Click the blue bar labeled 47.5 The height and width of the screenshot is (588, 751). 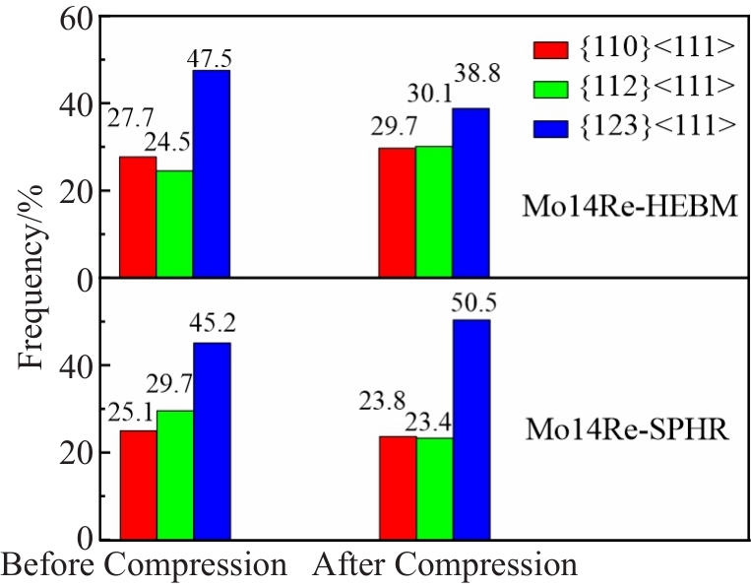211,174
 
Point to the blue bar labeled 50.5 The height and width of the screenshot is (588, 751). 470,429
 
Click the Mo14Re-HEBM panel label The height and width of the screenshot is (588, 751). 630,208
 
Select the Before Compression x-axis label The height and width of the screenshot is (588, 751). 145,565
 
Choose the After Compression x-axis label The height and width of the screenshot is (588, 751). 445,565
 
